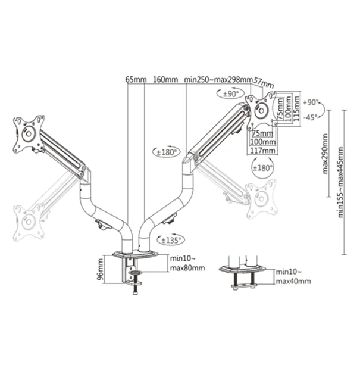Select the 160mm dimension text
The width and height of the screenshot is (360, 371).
(165, 79)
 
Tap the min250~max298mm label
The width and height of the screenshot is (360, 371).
(218, 79)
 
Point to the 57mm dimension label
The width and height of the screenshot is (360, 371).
(264, 81)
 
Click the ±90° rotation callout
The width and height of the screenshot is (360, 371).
(230, 94)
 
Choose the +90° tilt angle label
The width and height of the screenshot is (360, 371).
(311, 102)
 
